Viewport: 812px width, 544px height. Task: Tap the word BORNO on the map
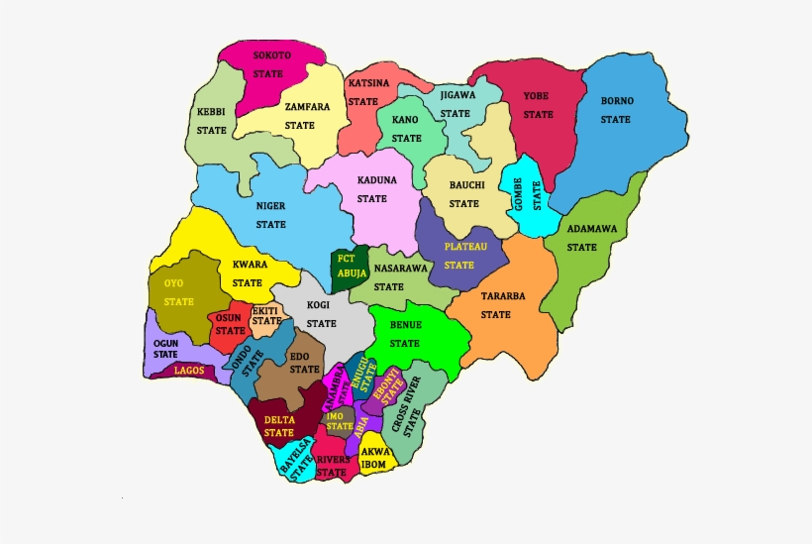[617, 101]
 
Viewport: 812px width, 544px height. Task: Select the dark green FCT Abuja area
[350, 267]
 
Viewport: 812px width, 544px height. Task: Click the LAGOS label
[189, 371]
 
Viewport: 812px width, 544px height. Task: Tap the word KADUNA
[376, 180]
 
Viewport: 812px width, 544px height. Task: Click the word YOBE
[539, 96]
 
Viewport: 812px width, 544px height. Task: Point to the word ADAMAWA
[591, 229]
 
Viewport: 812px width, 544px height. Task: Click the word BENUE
[404, 325]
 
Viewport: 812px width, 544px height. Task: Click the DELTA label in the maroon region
[278, 419]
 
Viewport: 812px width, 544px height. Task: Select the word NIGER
[270, 206]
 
